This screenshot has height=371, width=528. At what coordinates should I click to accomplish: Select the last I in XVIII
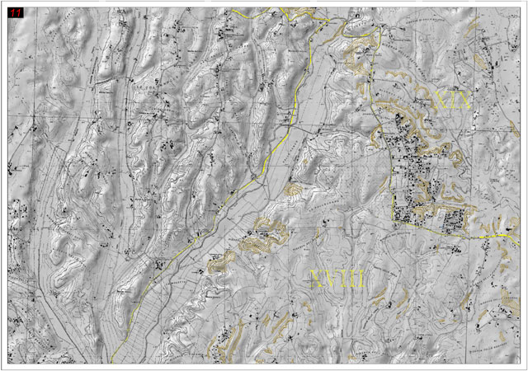click(x=360, y=279)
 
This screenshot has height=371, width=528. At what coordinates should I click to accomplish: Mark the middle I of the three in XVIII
click(x=352, y=279)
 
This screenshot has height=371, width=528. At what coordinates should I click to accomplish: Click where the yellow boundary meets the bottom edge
click(x=111, y=362)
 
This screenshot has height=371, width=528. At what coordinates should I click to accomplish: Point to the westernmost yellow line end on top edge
click(x=233, y=9)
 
